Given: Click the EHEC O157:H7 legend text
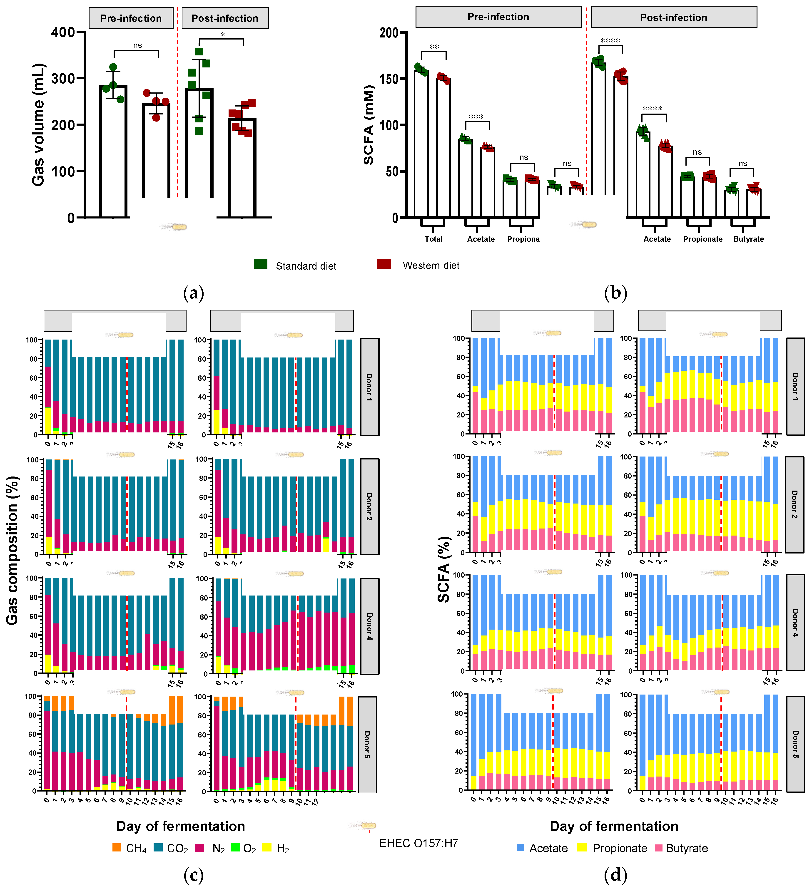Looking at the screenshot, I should (x=418, y=843).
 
